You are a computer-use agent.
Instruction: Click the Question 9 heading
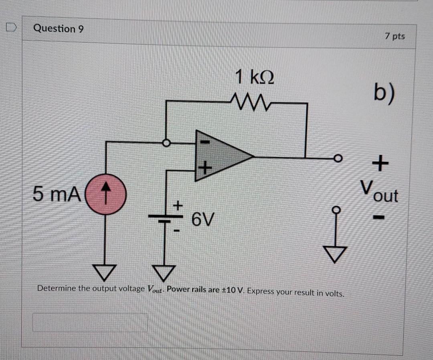(59, 28)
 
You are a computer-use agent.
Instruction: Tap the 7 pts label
(395, 36)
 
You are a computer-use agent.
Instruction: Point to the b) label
(384, 93)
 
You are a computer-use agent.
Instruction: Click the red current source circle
(106, 194)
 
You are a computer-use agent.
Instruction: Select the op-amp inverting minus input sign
(204, 142)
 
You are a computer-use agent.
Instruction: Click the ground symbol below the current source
(106, 273)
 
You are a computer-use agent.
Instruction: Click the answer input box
(90, 322)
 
